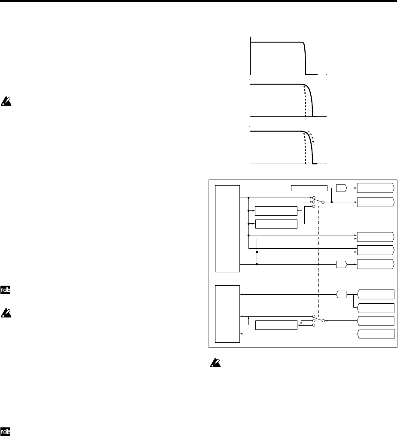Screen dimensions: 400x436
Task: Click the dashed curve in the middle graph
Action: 305,101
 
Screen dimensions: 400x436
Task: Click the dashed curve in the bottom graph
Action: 305,149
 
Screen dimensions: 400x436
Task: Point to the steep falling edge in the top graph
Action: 305,58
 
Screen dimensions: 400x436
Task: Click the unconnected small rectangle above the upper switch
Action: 309,188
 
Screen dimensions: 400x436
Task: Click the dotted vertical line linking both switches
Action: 318,262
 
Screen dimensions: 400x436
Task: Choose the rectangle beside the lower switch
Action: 276,325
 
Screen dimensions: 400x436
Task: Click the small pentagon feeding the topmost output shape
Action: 342,187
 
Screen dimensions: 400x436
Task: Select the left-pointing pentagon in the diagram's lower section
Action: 342,294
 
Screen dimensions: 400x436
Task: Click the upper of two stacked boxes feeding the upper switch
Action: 276,211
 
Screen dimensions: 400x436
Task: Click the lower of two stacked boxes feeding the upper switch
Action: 276,224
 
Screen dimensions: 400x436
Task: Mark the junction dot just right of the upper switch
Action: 332,201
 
